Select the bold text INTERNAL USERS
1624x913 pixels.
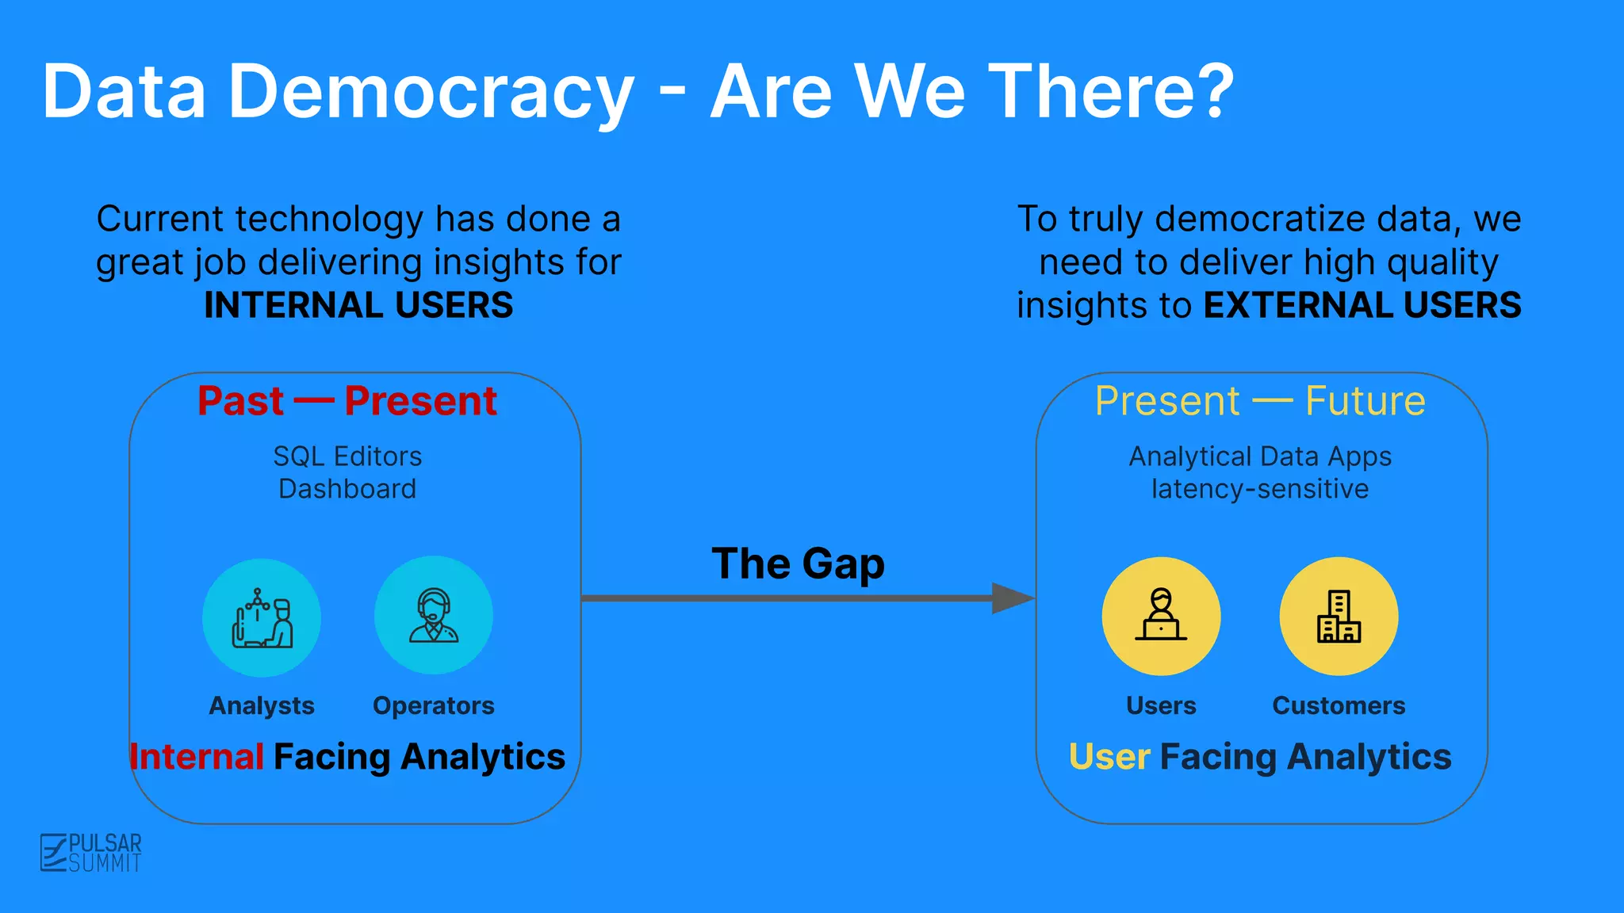click(358, 306)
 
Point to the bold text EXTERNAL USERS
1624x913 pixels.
click(1362, 306)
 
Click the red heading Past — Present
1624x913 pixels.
click(347, 401)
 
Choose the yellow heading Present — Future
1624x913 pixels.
click(1260, 401)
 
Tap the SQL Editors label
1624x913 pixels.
click(347, 456)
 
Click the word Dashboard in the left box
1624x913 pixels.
click(347, 489)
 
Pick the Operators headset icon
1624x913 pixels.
click(434, 616)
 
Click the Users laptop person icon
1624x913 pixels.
click(1161, 616)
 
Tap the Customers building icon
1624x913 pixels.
click(1339, 616)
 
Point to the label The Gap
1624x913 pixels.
click(798, 563)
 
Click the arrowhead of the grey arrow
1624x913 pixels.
click(1013, 598)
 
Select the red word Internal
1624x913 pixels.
click(197, 757)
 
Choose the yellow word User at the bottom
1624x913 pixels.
click(1109, 757)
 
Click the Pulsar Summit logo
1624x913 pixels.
click(91, 853)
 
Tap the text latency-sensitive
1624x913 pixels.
click(1260, 489)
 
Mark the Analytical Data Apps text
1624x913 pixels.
click(1260, 456)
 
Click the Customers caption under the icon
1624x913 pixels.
click(1339, 705)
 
